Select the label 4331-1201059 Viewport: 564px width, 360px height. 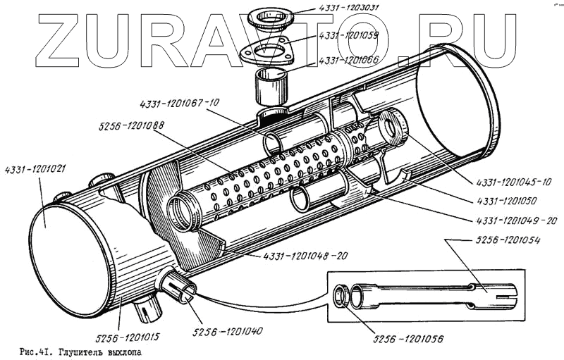[x=348, y=34]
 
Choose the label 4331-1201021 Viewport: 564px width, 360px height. [x=35, y=169]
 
